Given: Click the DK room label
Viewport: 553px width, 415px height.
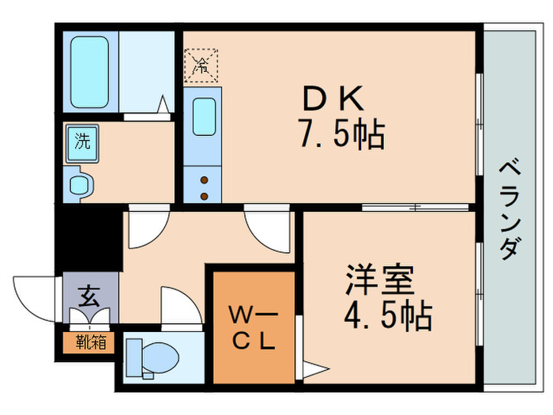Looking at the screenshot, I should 333,100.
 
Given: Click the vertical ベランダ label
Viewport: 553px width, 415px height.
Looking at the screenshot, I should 510,209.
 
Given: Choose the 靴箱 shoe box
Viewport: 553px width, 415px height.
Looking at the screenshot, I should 88,341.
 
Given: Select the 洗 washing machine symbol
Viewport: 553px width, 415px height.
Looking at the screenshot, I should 82,143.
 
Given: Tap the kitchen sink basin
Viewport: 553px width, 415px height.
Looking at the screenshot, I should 205,117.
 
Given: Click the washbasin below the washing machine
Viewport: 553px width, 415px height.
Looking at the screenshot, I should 81,185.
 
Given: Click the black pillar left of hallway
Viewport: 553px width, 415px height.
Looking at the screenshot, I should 88,236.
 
